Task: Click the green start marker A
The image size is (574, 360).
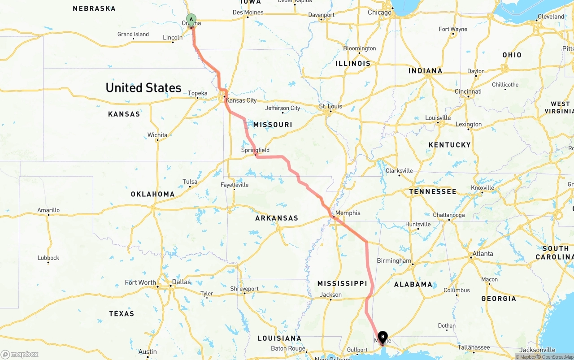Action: (x=191, y=20)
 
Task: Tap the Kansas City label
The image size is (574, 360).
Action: (x=241, y=100)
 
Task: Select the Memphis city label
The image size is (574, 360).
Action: (x=348, y=213)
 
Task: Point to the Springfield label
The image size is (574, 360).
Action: (x=255, y=150)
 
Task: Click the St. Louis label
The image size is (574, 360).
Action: (x=330, y=106)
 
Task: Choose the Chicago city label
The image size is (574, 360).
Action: (x=379, y=13)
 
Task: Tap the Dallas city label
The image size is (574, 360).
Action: (x=181, y=282)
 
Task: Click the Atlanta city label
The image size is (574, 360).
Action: (x=483, y=254)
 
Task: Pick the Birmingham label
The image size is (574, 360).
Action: (x=394, y=260)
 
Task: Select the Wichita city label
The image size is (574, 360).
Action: (x=157, y=135)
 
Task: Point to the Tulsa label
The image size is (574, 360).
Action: (x=190, y=182)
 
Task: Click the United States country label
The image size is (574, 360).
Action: (x=143, y=87)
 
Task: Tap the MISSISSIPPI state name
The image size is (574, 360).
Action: (x=343, y=283)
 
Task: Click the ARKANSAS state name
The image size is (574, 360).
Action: (x=277, y=218)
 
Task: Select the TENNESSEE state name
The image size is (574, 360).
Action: (x=433, y=191)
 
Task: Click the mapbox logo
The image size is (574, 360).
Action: (x=20, y=354)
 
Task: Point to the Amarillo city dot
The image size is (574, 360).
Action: (x=48, y=215)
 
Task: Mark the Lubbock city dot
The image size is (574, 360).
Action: (x=48, y=263)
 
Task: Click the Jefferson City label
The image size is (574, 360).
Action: (x=283, y=108)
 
